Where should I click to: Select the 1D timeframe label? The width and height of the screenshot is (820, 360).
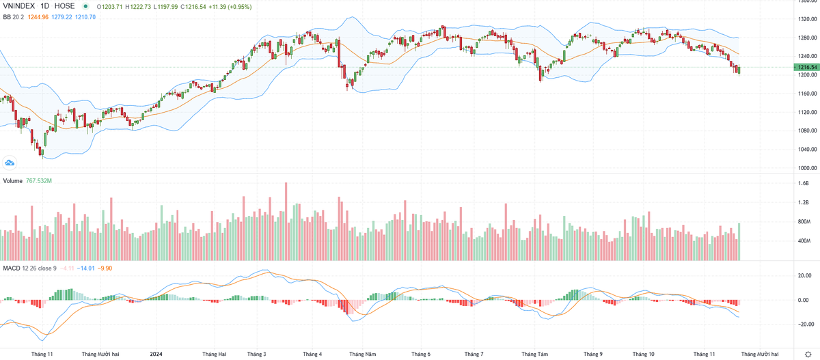[x=49, y=6]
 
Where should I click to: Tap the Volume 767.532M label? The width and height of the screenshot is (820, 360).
[x=27, y=180]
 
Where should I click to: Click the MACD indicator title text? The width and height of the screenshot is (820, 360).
[x=12, y=268]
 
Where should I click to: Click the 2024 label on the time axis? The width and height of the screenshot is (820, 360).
[x=157, y=354]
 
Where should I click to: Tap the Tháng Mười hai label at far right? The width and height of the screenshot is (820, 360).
[x=759, y=354]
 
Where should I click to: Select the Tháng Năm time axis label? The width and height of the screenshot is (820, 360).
[x=361, y=354]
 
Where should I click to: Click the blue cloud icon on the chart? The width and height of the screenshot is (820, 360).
[x=10, y=163]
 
